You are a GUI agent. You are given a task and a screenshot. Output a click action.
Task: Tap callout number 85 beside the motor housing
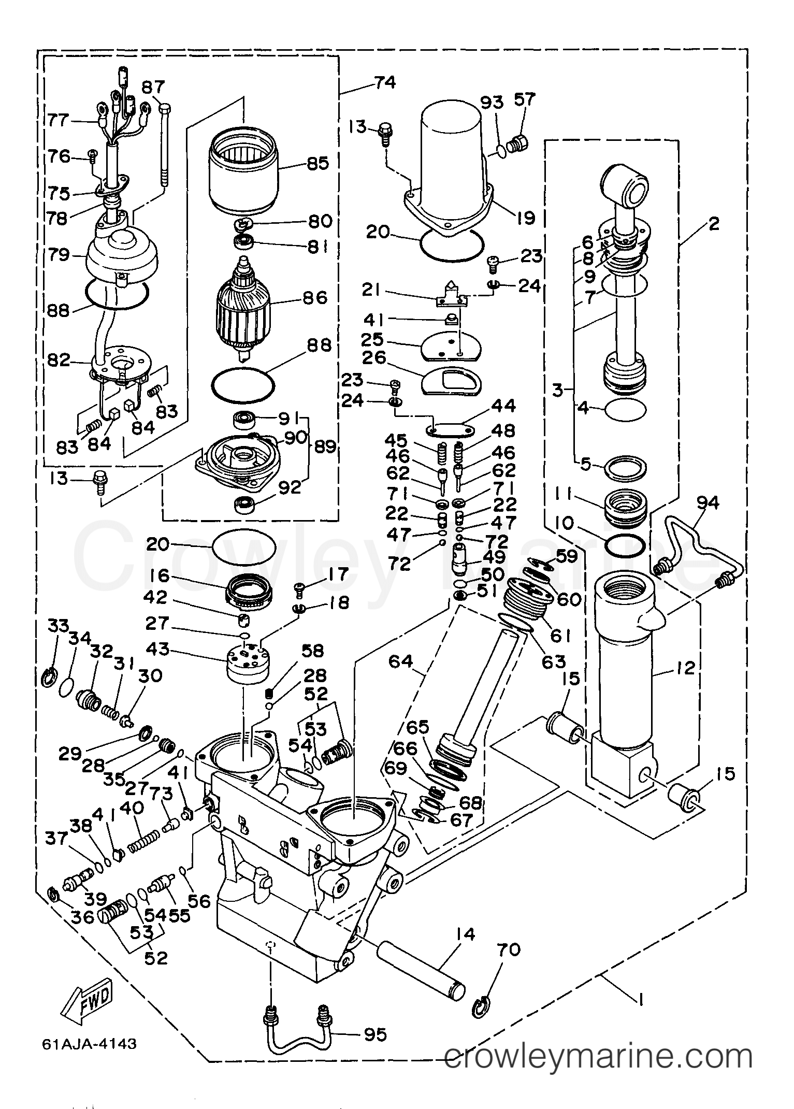[317, 164]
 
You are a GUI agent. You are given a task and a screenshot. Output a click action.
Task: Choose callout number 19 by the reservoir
[525, 218]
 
